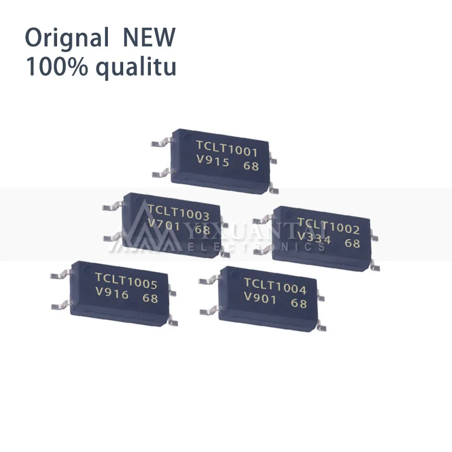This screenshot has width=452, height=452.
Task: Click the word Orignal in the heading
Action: (67, 39)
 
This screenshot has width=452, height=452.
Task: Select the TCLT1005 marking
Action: (126, 281)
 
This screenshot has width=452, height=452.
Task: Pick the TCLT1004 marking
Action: (275, 286)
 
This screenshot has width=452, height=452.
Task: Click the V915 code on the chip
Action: (212, 162)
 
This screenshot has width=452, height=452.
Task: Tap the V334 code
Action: (314, 239)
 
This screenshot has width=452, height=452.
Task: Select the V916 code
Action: (112, 294)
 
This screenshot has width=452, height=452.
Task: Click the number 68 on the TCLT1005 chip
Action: (150, 298)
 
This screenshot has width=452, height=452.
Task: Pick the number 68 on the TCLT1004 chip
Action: (298, 303)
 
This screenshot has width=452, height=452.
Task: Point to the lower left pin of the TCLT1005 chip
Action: (59, 306)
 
